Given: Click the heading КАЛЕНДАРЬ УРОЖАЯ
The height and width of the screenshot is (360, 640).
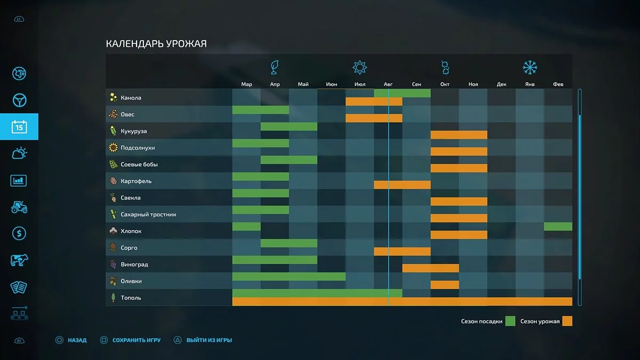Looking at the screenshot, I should tap(156, 44).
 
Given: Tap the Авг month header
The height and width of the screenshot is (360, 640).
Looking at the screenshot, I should tap(388, 84).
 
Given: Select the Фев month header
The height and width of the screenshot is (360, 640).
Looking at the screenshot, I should tap(558, 84).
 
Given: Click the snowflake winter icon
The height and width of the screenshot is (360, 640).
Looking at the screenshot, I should tap(530, 68).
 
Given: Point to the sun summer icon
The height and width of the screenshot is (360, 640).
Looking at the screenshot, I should tap(360, 68).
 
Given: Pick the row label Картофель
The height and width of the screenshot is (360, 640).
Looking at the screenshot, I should tap(136, 181).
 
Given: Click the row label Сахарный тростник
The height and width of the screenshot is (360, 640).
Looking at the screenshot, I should tap(148, 214).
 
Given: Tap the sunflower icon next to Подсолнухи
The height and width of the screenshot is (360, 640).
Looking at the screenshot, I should tap(113, 148).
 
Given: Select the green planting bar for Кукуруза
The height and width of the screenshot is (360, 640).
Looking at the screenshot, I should tap(289, 127).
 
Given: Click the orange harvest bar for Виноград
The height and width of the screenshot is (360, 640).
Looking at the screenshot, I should tap(430, 268).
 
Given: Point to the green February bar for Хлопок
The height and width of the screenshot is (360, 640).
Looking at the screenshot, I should tap(558, 227).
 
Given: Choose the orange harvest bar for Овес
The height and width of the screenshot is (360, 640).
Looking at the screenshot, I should tap(374, 118).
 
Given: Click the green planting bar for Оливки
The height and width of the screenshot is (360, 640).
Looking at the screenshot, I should tap(289, 277).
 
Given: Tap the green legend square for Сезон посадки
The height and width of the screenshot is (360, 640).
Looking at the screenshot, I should tap(510, 321).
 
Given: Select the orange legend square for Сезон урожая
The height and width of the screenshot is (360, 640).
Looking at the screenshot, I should tap(567, 321).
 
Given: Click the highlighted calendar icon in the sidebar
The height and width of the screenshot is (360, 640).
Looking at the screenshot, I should tap(19, 127).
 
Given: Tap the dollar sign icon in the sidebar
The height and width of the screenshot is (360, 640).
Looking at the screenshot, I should tap(19, 234).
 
